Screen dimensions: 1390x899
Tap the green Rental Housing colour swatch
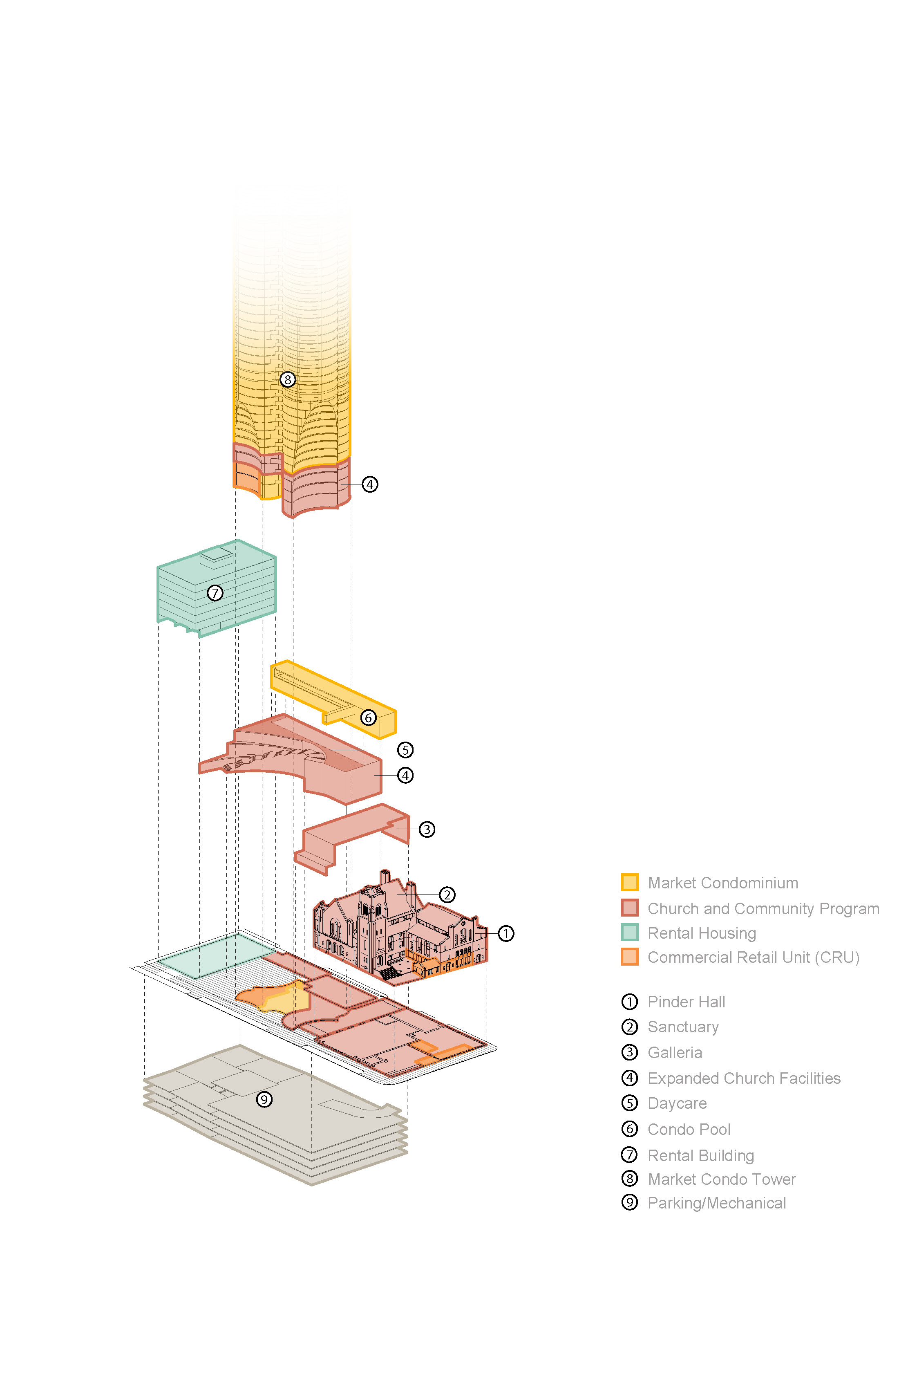(x=629, y=932)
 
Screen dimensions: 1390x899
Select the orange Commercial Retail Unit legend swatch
(x=629, y=957)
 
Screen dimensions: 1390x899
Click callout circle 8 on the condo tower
(x=287, y=380)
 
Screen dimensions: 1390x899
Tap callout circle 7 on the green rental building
(x=215, y=593)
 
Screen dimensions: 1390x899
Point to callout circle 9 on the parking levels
(x=264, y=1100)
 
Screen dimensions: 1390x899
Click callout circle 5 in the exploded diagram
(x=405, y=750)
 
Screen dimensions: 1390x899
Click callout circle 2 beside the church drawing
(x=447, y=895)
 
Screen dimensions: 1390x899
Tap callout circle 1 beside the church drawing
(x=505, y=933)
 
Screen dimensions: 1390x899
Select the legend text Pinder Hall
(x=686, y=1002)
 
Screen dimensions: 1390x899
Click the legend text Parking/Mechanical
(x=716, y=1203)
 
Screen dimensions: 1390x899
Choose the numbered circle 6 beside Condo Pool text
(x=629, y=1129)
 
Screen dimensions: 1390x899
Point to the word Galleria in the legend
(x=674, y=1052)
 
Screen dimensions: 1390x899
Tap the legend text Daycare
(x=677, y=1103)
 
